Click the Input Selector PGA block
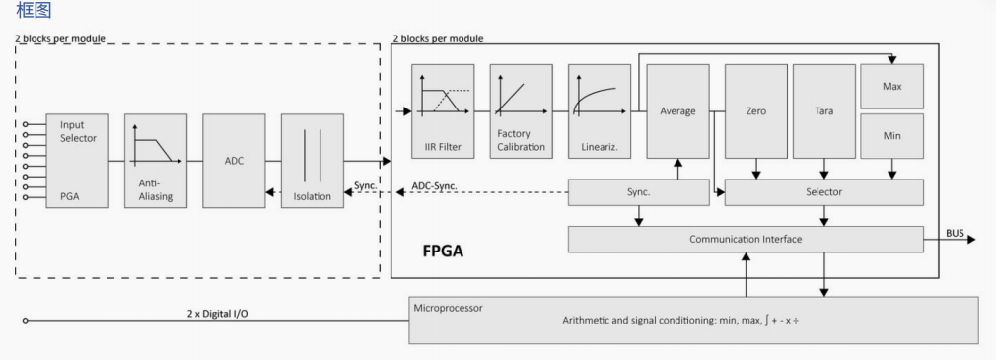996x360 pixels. [77, 161]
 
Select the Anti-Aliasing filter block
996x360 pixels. [156, 161]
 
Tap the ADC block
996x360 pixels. [234, 161]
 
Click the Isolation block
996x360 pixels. [313, 161]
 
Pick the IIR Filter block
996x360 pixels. [443, 111]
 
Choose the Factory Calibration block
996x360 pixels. [521, 111]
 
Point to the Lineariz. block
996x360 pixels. [600, 111]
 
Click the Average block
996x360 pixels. [677, 111]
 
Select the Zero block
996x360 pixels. [756, 111]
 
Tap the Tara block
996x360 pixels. [823, 111]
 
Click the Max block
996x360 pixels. [891, 87]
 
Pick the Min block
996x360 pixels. [891, 136]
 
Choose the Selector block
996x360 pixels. [823, 192]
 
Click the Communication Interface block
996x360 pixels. [746, 240]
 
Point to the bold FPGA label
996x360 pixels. [443, 252]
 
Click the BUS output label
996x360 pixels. [955, 234]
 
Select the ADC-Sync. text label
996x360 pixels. [435, 186]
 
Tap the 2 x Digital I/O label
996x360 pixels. [219, 314]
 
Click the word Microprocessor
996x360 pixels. [449, 308]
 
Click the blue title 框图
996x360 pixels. [34, 11]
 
